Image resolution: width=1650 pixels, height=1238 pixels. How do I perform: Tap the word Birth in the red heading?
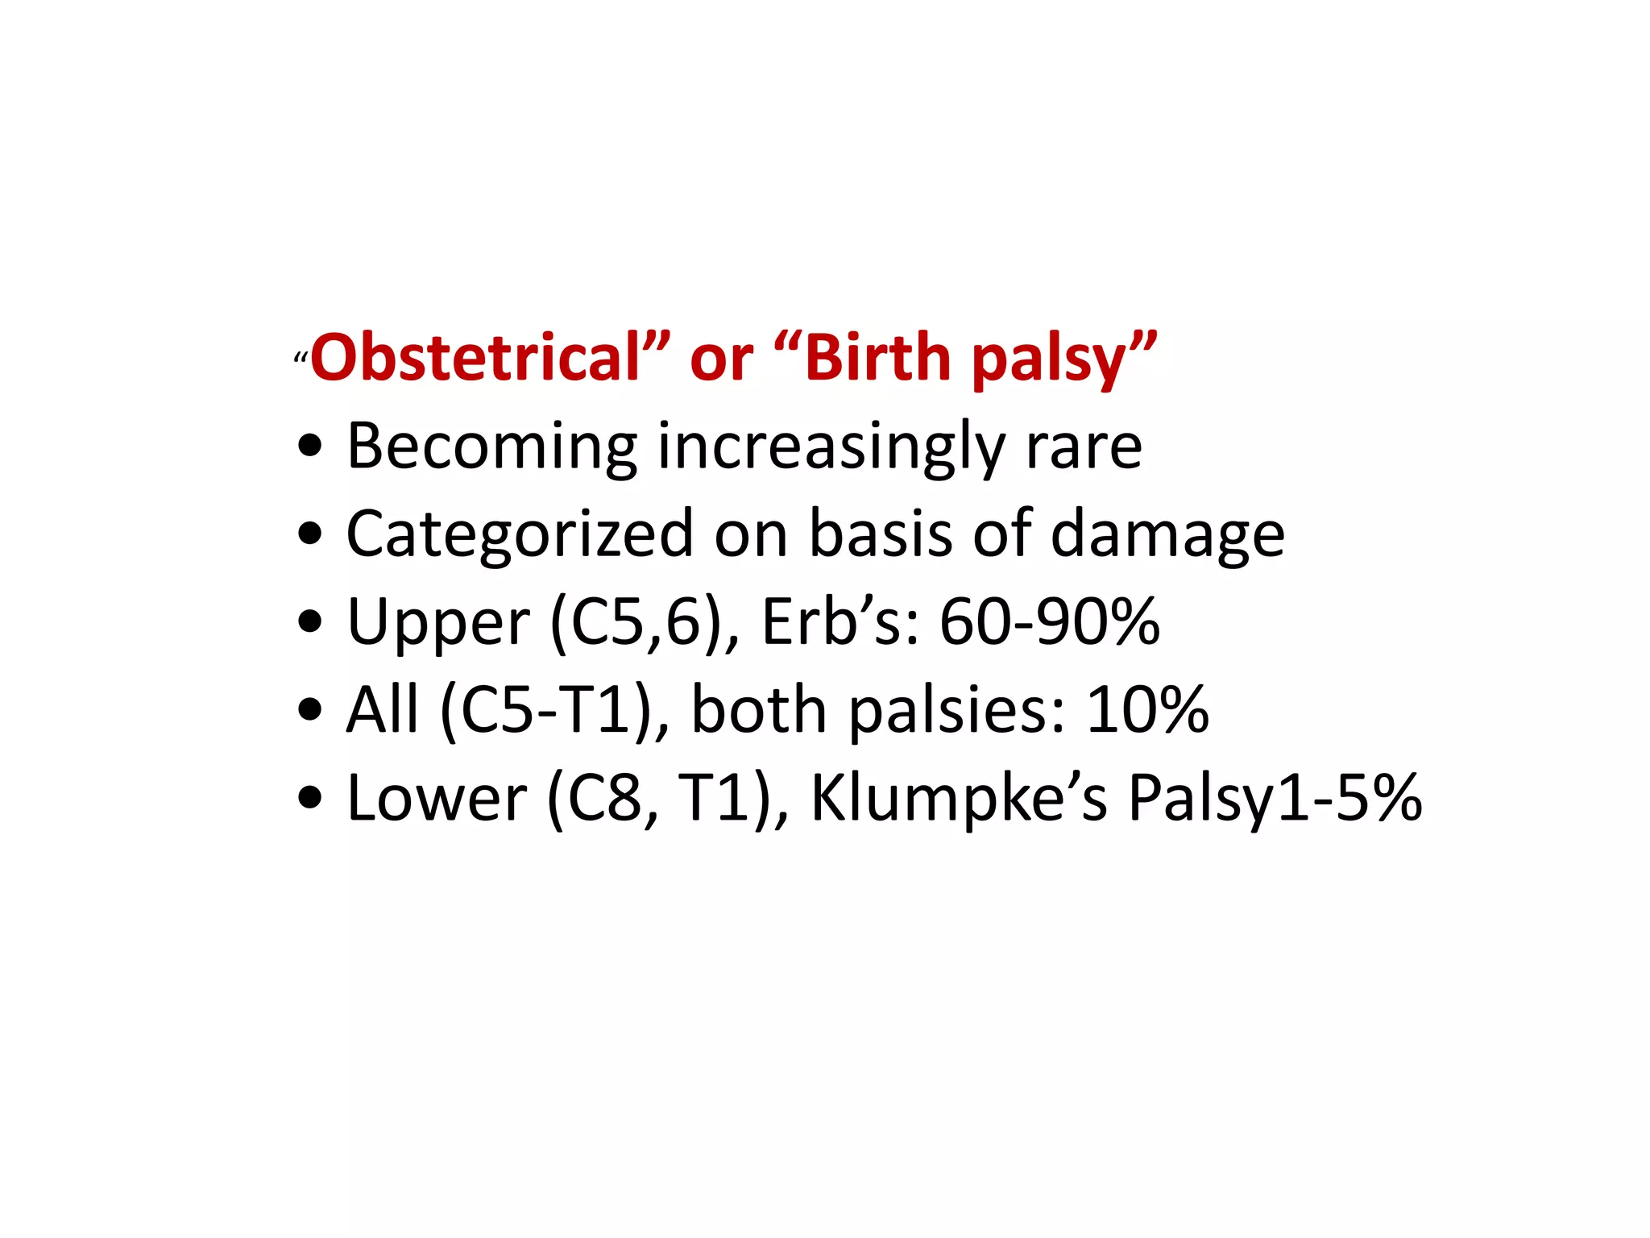[878, 359]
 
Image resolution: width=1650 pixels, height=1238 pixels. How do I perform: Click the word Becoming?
[492, 447]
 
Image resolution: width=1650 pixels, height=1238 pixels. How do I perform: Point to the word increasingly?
[831, 447]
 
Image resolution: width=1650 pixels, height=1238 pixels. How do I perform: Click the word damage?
[1167, 535]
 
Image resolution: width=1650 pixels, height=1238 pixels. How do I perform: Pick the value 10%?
[1147, 711]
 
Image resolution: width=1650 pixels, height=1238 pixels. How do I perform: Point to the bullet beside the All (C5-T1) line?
[309, 710]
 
